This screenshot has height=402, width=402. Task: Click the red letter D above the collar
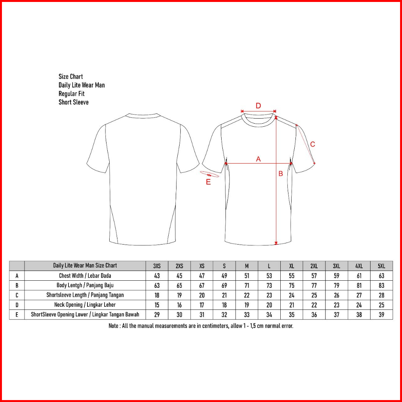click(258, 105)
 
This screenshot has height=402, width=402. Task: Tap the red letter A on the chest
click(258, 159)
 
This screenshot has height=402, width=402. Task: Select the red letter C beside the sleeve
click(313, 144)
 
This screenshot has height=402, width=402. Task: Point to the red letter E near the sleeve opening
click(208, 182)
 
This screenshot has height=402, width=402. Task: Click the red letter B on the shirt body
click(280, 174)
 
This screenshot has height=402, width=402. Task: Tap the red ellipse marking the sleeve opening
click(210, 175)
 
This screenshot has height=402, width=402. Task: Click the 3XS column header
click(157, 266)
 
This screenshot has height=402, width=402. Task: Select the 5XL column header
click(381, 266)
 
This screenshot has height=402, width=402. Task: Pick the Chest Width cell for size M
click(246, 276)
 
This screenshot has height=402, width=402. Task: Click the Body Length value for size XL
click(292, 285)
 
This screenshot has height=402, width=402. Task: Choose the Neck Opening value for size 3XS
click(157, 305)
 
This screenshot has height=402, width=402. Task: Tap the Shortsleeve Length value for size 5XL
click(381, 295)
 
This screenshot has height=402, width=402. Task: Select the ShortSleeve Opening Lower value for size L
click(269, 315)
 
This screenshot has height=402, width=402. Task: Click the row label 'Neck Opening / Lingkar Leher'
click(85, 305)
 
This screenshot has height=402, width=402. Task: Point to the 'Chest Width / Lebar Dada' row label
click(85, 276)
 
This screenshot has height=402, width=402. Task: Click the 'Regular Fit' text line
click(72, 94)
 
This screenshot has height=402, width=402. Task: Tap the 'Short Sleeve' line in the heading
click(73, 102)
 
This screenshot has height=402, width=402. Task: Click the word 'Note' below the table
click(114, 326)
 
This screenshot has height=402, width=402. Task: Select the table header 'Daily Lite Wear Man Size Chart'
click(85, 266)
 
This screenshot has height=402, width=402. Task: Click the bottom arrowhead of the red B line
click(276, 243)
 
